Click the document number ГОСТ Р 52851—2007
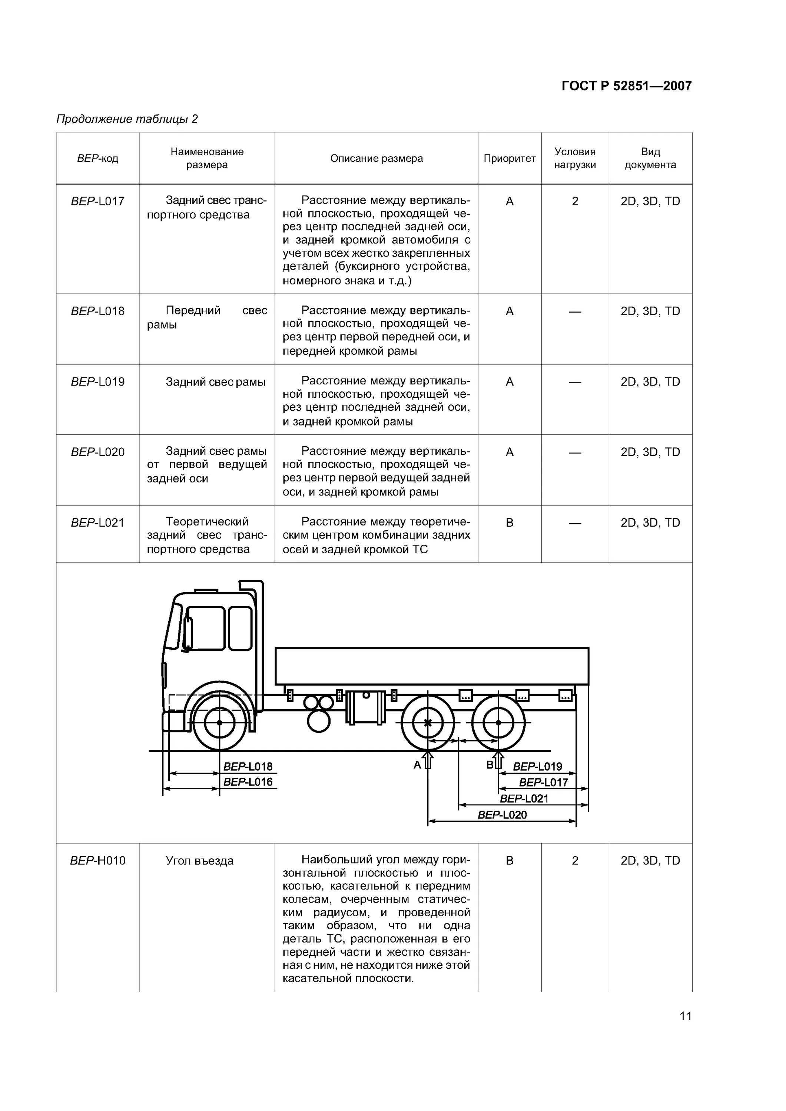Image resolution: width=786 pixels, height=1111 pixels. tap(626, 86)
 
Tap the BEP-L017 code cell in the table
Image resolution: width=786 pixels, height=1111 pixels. tap(97, 201)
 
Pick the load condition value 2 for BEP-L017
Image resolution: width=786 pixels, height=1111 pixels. tap(575, 201)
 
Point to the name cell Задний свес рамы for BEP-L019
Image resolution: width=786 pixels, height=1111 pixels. tap(216, 382)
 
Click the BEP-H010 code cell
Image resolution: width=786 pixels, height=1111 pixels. tap(97, 860)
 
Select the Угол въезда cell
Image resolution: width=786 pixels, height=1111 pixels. tap(199, 860)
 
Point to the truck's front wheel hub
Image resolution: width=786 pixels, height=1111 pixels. tap(219, 723)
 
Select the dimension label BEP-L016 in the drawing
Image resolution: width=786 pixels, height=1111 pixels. tap(248, 782)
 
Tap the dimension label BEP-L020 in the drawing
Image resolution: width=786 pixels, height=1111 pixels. tap(502, 815)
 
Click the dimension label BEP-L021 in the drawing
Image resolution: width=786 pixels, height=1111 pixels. tap(524, 798)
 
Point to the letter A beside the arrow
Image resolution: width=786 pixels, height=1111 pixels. tap(417, 765)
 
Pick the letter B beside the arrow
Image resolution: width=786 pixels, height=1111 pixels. tap(490, 765)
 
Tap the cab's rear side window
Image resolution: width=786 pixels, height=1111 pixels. tap(240, 628)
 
